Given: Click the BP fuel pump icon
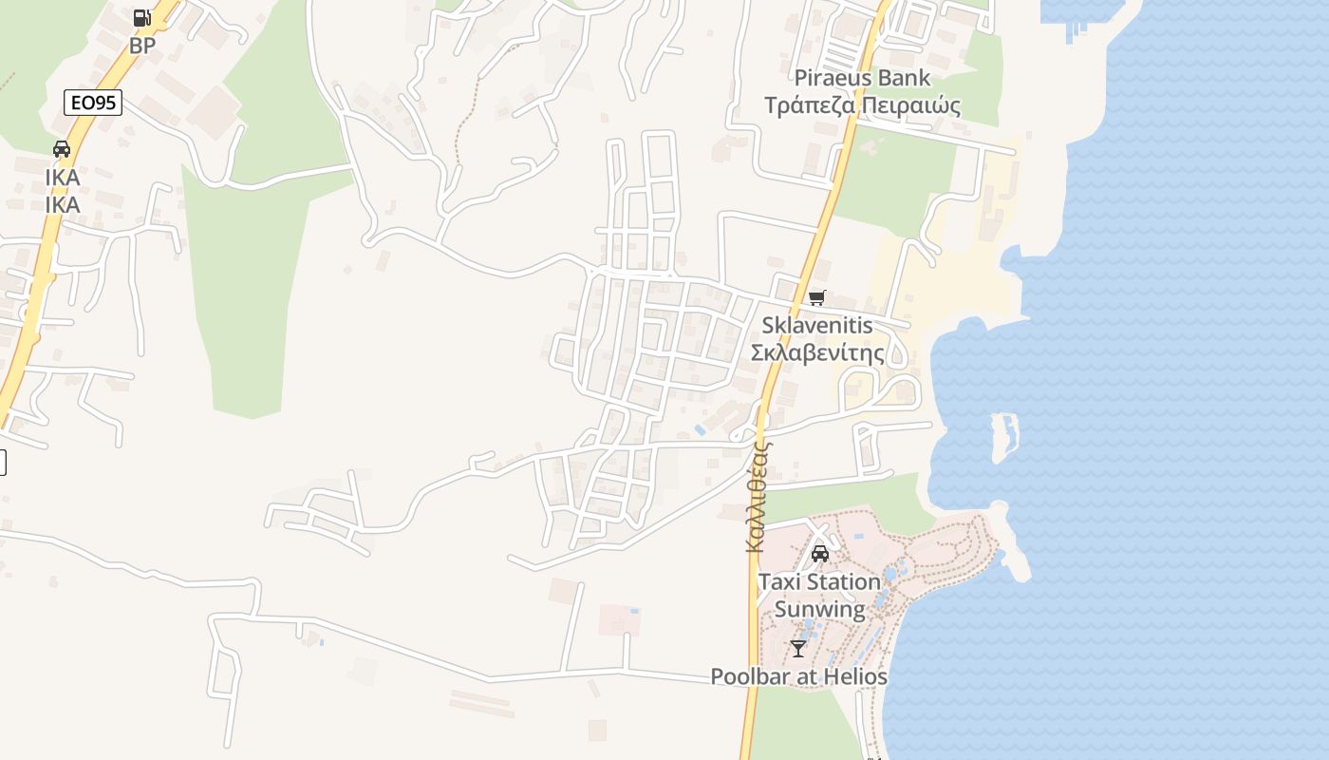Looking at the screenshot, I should [x=141, y=17].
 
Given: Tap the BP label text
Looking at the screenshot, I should [x=142, y=45].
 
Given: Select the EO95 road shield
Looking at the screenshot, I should [x=93, y=103].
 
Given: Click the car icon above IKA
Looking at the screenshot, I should [x=62, y=149].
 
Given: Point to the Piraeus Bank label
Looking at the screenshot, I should [x=862, y=78].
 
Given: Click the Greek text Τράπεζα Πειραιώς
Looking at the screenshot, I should [x=862, y=105].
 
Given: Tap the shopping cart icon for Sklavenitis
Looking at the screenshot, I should [x=816, y=298].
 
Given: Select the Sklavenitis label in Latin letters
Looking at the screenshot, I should [x=816, y=326].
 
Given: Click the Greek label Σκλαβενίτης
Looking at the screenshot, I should [x=816, y=353].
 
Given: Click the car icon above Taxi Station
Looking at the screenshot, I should [x=820, y=554].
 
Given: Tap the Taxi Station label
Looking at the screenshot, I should [x=819, y=581].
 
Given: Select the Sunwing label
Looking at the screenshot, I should [x=819, y=609].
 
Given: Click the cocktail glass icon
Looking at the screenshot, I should [x=797, y=649].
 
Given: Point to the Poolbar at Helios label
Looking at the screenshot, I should [x=798, y=677].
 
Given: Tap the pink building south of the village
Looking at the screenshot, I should [x=619, y=619].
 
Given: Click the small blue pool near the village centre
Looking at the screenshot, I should [x=701, y=430].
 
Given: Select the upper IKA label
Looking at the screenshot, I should [x=62, y=178].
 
